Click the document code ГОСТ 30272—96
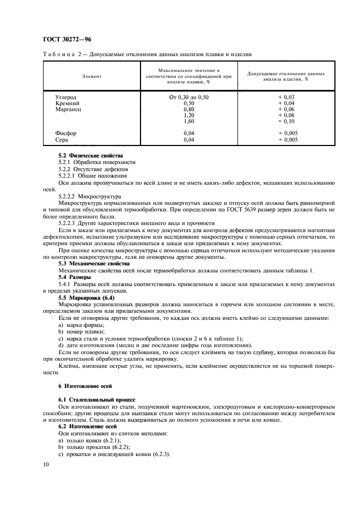(x=64, y=40)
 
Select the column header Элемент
(x=92, y=76)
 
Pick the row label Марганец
(x=69, y=109)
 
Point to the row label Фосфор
(x=66, y=133)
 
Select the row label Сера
(x=62, y=140)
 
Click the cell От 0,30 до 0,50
(x=189, y=97)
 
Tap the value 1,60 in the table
(x=189, y=122)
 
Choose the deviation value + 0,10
(x=286, y=122)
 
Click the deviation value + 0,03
(x=286, y=97)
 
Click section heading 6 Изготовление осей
(x=77, y=386)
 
